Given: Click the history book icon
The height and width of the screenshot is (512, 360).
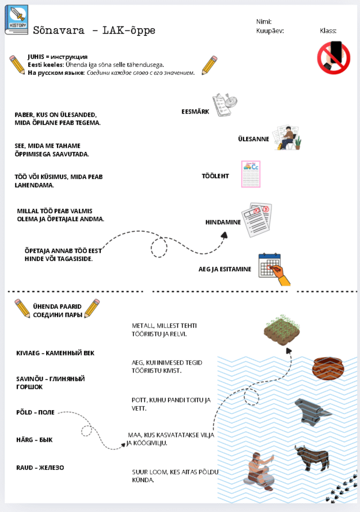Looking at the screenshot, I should (16, 20).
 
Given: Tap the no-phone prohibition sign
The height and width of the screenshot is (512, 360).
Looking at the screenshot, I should (334, 58).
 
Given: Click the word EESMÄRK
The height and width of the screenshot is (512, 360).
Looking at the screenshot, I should (195, 112).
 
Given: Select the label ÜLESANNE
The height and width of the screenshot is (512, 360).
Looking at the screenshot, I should (253, 139).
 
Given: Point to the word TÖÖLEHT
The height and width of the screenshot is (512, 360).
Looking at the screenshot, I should (215, 176).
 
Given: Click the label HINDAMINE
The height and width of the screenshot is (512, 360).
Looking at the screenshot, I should (222, 222).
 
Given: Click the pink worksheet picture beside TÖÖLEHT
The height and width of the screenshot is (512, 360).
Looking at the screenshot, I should (251, 174).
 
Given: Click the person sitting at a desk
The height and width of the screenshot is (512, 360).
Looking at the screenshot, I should (287, 138).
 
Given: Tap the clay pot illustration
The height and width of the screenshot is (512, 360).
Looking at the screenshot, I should (328, 369).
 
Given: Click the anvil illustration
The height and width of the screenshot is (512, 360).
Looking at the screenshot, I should (313, 411).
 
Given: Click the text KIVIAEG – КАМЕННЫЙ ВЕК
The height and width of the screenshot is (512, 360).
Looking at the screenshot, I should (55, 352).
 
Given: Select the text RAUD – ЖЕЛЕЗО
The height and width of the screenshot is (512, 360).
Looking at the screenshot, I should (40, 468).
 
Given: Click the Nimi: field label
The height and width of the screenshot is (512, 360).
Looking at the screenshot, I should (264, 21).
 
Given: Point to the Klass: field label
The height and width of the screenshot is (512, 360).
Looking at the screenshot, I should (328, 31).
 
